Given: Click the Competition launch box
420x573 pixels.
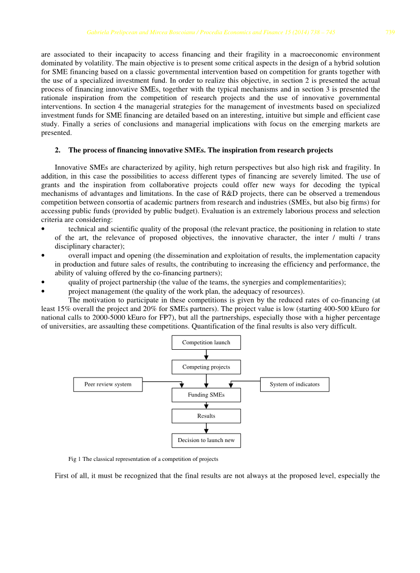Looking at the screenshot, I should (206, 342).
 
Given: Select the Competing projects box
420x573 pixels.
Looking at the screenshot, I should (206, 367).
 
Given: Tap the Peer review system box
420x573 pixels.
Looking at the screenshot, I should (108, 384).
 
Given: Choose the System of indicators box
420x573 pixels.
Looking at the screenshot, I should (294, 384).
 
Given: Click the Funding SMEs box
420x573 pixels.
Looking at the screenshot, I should (206, 395).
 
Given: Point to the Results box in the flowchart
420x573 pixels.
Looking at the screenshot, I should (206, 416).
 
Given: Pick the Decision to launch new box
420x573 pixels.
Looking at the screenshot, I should (206, 441).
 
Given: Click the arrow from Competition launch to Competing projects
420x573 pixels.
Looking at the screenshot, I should (206, 355).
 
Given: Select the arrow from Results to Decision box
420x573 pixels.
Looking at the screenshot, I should (206, 428).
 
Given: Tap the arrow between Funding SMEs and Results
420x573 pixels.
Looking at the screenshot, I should (206, 405).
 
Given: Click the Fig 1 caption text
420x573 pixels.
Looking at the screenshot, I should (143, 459).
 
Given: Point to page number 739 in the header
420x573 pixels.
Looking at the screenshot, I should (390, 33).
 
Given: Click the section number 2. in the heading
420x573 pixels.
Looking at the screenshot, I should (58, 150).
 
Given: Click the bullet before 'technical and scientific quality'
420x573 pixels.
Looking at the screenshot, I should (44, 229).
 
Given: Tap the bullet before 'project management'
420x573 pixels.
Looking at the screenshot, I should (44, 291).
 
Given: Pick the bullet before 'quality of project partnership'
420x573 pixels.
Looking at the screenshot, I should (44, 282).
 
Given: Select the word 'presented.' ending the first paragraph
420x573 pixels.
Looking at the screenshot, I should (56, 133).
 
